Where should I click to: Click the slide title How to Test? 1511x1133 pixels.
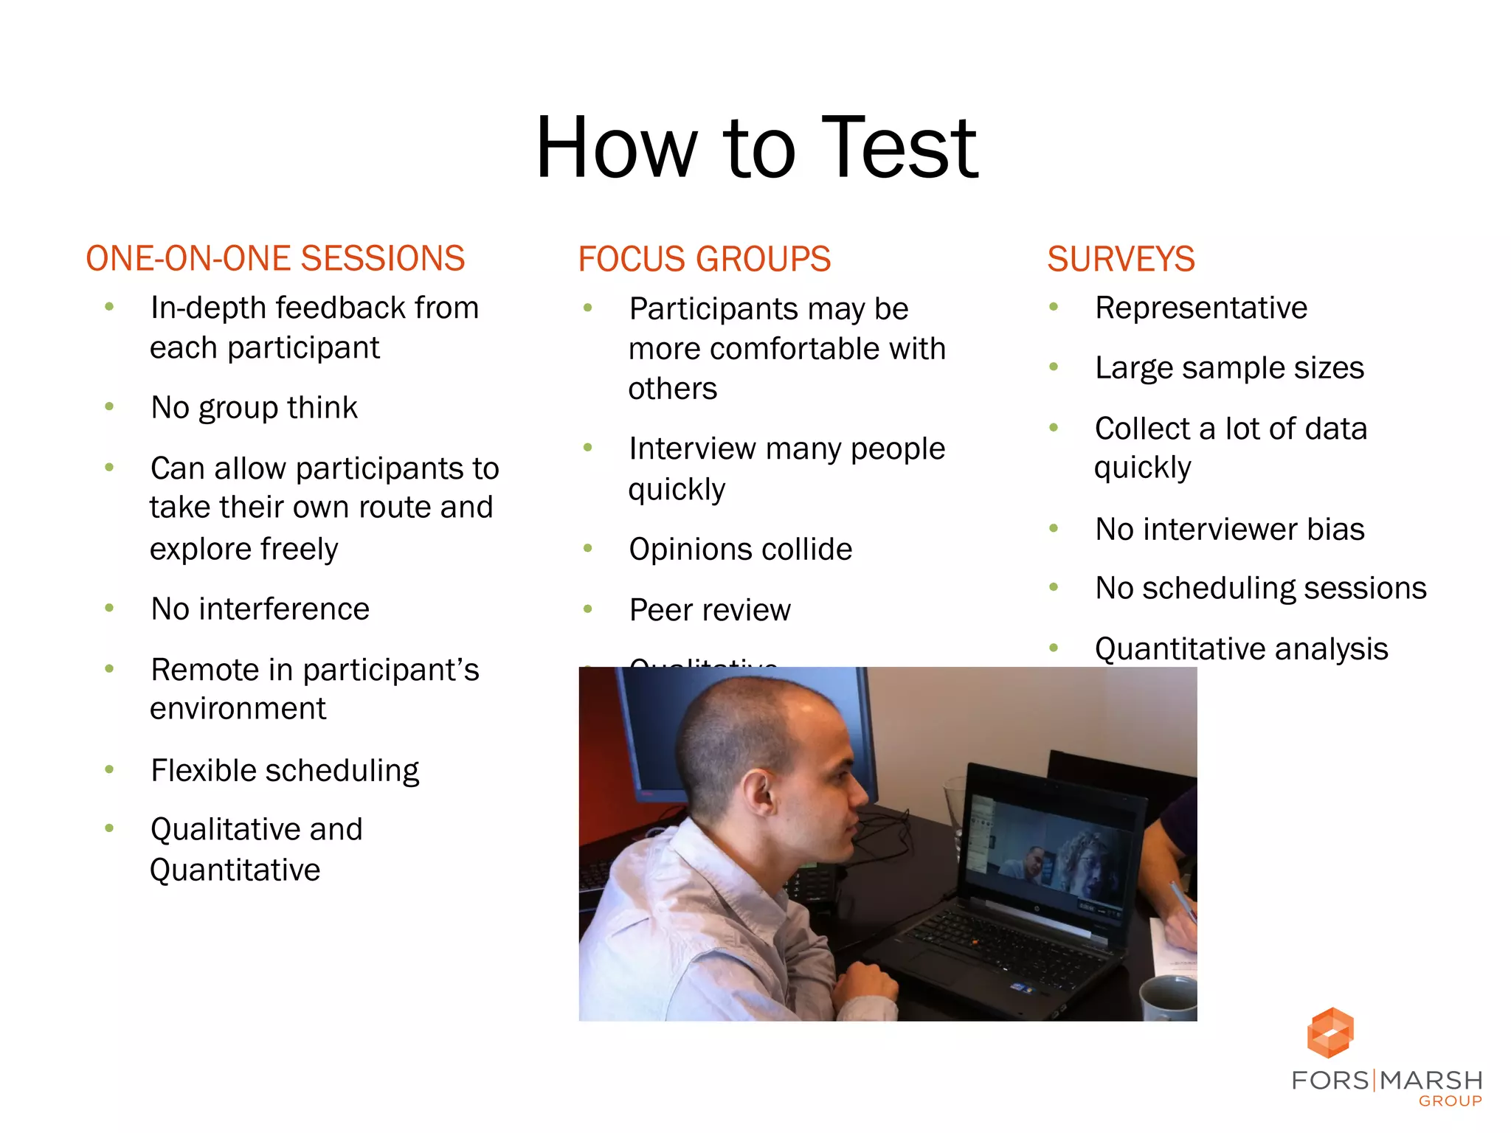[x=756, y=148]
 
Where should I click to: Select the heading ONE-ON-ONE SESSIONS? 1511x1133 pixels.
[x=275, y=259]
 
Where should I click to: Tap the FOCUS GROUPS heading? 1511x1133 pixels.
[x=704, y=259]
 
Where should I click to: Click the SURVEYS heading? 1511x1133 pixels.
[x=1120, y=259]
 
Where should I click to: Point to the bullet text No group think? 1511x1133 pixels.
[x=254, y=408]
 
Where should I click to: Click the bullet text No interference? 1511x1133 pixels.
[x=260, y=609]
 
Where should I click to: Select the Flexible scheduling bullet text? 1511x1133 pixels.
[x=285, y=771]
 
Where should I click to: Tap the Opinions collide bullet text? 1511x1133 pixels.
[x=740, y=550]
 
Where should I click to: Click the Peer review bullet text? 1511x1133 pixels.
[x=709, y=610]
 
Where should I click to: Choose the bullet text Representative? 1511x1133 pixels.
[x=1200, y=308]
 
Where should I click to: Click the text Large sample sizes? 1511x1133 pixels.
[x=1229, y=368]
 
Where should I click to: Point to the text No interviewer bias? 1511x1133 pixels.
[x=1229, y=530]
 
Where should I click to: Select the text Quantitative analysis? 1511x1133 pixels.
[x=1241, y=649]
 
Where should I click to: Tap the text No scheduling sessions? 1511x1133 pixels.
[x=1260, y=589]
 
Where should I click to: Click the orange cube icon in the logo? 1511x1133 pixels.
[x=1330, y=1032]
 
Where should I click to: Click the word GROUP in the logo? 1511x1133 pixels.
[x=1450, y=1101]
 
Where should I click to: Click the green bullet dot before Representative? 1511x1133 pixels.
[x=1054, y=307]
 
